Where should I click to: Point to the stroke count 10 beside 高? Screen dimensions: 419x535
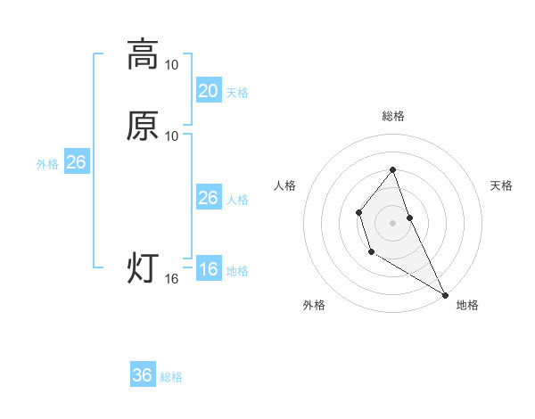[x=172, y=65]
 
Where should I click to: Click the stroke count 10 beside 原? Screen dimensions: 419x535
[x=172, y=136]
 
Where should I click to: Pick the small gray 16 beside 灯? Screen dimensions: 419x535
[x=172, y=279]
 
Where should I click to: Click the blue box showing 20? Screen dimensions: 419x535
[x=208, y=91]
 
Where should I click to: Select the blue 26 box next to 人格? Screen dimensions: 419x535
[x=208, y=198]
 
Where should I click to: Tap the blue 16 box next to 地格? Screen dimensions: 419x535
[x=208, y=269]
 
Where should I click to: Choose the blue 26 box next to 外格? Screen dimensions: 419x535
[x=76, y=162]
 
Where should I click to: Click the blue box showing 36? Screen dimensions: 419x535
[x=143, y=375]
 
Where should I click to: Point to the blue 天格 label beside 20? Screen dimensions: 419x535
[x=237, y=93]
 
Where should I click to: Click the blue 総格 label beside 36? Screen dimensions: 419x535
[x=171, y=377]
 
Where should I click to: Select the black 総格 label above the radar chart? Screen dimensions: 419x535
[x=393, y=116]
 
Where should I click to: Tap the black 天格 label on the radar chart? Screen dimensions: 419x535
[x=502, y=185]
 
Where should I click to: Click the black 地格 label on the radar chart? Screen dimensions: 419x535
[x=467, y=305]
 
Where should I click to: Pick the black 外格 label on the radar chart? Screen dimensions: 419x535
[x=314, y=305]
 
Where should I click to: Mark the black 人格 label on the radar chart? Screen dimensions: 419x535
[x=285, y=185]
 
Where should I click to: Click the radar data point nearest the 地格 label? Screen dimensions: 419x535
[x=445, y=294]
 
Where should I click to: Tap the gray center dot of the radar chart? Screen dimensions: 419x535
[x=392, y=222]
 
